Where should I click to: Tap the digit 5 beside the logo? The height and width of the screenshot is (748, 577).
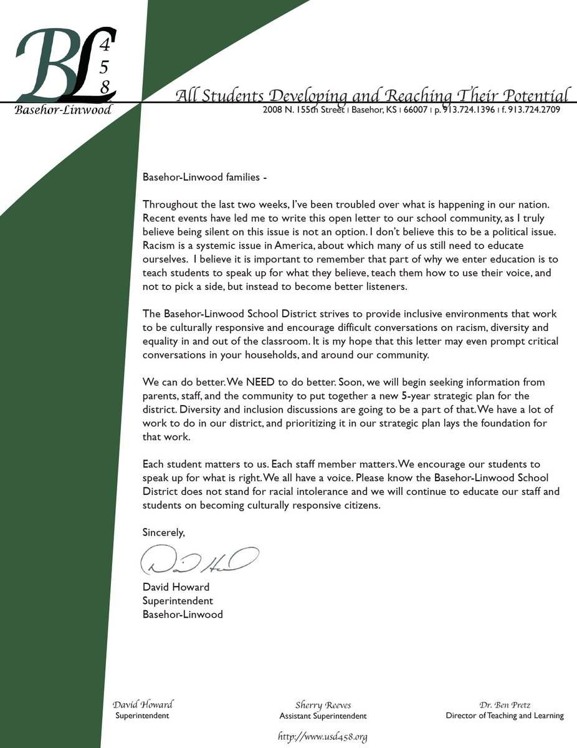coord(105,65)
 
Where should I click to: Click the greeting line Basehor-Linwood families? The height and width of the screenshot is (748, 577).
coord(204,178)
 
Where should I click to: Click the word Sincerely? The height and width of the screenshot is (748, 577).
coord(164,532)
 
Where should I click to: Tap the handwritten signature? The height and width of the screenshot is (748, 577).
coord(199,559)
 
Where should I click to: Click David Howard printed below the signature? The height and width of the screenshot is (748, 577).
coord(176,587)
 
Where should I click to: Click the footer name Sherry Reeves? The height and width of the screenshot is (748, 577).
coord(323,705)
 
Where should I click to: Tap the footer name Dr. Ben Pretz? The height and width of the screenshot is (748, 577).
coord(505,704)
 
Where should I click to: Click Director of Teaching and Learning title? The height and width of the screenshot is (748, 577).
coord(505,716)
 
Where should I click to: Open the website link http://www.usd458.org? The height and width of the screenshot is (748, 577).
coord(322,737)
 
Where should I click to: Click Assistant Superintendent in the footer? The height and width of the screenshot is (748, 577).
coord(323,716)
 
